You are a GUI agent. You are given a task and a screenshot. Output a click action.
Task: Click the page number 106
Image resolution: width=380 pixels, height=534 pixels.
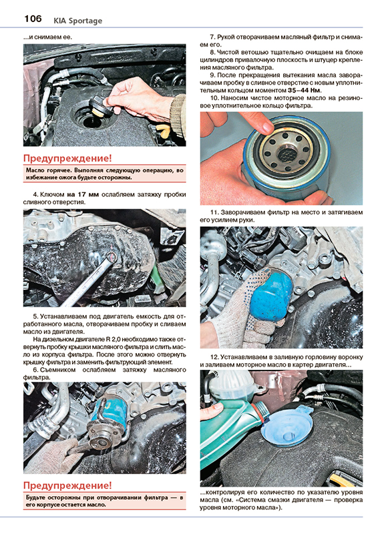pyautogui.click(x=33, y=19)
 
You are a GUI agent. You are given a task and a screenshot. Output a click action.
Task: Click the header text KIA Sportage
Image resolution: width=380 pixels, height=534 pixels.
pyautogui.click(x=77, y=21)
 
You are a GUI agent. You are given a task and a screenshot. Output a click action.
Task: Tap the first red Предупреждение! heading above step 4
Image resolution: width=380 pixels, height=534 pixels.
pyautogui.click(x=67, y=158)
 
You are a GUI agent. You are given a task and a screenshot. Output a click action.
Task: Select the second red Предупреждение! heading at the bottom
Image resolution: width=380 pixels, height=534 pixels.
pyautogui.click(x=67, y=485)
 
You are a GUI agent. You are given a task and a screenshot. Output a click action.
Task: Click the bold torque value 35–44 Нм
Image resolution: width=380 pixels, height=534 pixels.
pyautogui.click(x=305, y=91)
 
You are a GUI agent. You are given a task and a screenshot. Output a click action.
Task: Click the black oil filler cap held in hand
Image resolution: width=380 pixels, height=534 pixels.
pyautogui.click(x=99, y=105)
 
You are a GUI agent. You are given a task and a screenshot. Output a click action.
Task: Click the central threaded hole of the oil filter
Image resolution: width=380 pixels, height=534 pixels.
pyautogui.click(x=285, y=155)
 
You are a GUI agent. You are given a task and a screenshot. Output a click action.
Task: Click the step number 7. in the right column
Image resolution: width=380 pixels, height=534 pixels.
pyautogui.click(x=212, y=37)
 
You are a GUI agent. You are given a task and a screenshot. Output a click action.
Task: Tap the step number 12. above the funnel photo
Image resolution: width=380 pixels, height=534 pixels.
pyautogui.click(x=214, y=357)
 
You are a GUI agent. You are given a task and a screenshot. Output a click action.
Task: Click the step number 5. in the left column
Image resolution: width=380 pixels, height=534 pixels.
pyautogui.click(x=36, y=316)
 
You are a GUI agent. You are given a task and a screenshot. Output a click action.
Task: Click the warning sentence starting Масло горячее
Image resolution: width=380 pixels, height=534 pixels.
pyautogui.click(x=105, y=174)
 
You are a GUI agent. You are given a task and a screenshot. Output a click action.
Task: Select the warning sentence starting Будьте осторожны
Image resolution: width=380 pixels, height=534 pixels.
pyautogui.click(x=105, y=501)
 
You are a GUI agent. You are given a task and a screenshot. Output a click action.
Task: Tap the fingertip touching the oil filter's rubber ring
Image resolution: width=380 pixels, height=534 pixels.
pyautogui.click(x=265, y=128)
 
